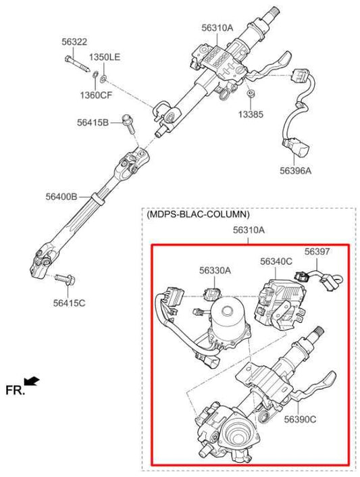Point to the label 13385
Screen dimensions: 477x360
point(251,114)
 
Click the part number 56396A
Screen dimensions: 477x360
point(296,170)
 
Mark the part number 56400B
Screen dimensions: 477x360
point(61,197)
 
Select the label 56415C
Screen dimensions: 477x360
point(69,302)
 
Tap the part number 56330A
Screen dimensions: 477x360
point(215,270)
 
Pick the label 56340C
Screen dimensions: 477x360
point(276,261)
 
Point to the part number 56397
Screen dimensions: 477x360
point(316,252)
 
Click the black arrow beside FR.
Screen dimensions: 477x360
point(32,382)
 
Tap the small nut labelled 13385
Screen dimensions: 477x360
point(250,95)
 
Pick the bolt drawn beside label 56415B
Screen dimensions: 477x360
point(127,122)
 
